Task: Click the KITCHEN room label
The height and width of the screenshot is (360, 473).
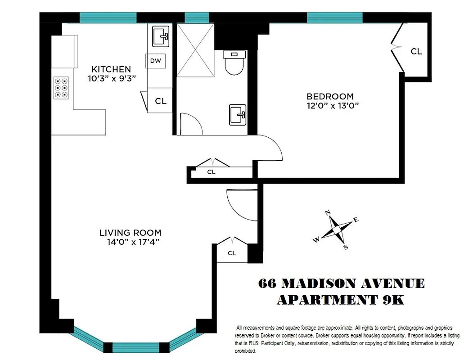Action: click(111, 69)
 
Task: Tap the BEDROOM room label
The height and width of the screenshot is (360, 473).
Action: click(330, 96)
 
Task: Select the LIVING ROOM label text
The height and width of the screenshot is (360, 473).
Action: click(130, 233)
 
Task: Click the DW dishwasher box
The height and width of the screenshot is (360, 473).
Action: click(155, 61)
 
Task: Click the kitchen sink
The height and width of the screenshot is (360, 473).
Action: click(160, 36)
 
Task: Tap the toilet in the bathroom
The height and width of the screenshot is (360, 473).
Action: click(234, 63)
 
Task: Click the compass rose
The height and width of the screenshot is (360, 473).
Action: click(336, 229)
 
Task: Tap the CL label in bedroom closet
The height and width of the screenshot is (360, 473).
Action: click(416, 52)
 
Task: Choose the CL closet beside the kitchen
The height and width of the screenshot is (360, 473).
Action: click(160, 101)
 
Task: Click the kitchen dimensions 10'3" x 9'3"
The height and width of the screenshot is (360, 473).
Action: click(112, 78)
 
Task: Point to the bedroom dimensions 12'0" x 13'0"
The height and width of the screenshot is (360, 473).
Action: click(333, 106)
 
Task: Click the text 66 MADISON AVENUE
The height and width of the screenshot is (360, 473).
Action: click(341, 284)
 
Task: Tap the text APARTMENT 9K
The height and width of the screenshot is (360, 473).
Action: click(340, 300)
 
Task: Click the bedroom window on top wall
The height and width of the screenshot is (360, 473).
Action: click(334, 18)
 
